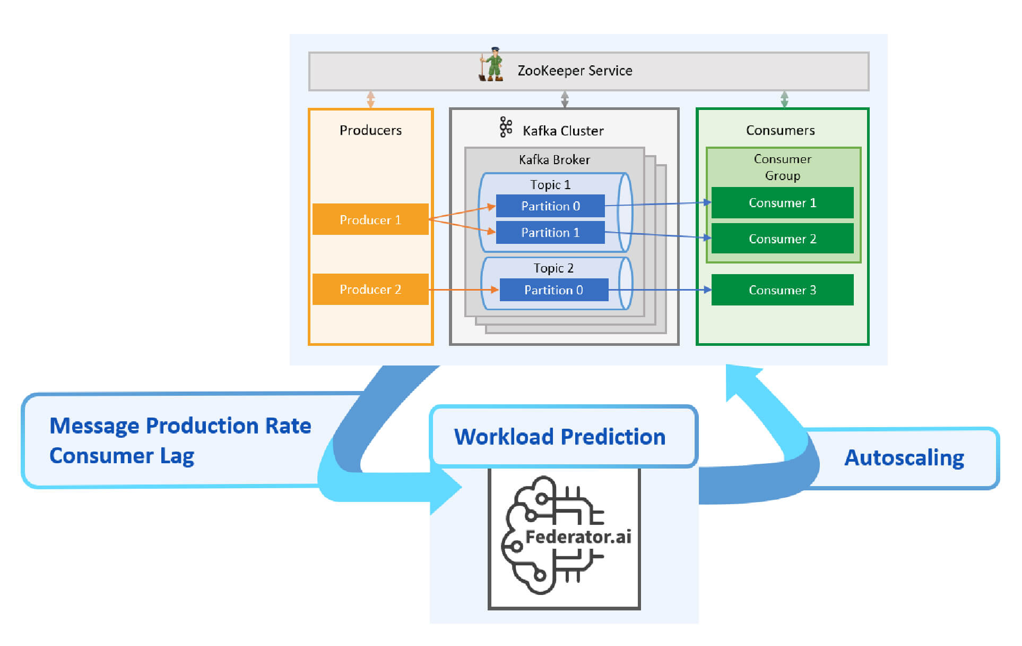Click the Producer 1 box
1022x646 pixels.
pyautogui.click(x=370, y=219)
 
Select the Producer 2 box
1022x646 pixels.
pyautogui.click(x=370, y=289)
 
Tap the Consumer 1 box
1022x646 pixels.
pyautogui.click(x=782, y=202)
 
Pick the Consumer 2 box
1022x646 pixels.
pyautogui.click(x=782, y=239)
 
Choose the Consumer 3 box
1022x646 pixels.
pyautogui.click(x=782, y=290)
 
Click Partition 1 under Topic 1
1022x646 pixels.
pyautogui.click(x=550, y=233)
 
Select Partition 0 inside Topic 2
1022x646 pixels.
pyautogui.click(x=554, y=290)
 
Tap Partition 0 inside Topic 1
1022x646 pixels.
pyautogui.click(x=550, y=206)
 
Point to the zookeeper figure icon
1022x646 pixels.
pyautogui.click(x=491, y=64)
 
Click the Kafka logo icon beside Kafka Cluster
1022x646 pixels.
pyautogui.click(x=506, y=127)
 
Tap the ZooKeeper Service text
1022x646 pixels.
pyautogui.click(x=575, y=71)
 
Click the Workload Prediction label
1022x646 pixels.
pyautogui.click(x=560, y=437)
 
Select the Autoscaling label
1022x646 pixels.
pyautogui.click(x=904, y=458)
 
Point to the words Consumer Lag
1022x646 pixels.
pyautogui.click(x=122, y=456)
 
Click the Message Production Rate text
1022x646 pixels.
pyautogui.click(x=180, y=426)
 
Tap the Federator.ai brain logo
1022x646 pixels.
pyautogui.click(x=564, y=535)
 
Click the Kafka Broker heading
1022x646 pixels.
pyautogui.click(x=554, y=159)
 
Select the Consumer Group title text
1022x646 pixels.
pyautogui.click(x=783, y=167)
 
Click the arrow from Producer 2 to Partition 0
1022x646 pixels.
pyautogui.click(x=464, y=290)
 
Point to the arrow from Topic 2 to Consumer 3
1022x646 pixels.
pyautogui.click(x=660, y=290)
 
